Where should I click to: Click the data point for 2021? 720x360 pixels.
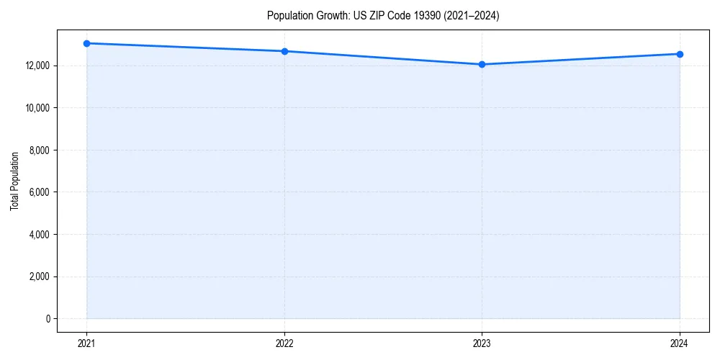pyautogui.click(x=86, y=43)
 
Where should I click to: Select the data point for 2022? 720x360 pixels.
pyautogui.click(x=284, y=51)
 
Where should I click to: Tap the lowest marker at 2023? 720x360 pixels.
pyautogui.click(x=482, y=64)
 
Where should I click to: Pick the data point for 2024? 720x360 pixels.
pyautogui.click(x=680, y=54)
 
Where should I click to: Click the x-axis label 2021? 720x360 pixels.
pyautogui.click(x=86, y=343)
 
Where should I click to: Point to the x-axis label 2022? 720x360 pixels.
pyautogui.click(x=284, y=343)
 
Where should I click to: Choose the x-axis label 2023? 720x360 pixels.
pyautogui.click(x=482, y=343)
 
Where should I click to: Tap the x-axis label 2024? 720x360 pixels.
pyautogui.click(x=680, y=343)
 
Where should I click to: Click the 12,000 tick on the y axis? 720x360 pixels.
pyautogui.click(x=37, y=66)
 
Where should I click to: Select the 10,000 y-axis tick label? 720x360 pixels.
pyautogui.click(x=37, y=108)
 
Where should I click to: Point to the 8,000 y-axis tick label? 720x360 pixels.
pyautogui.click(x=40, y=150)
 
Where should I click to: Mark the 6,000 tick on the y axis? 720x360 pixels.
pyautogui.click(x=40, y=192)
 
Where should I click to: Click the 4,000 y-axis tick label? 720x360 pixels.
pyautogui.click(x=40, y=234)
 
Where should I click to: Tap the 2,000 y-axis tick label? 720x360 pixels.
pyautogui.click(x=40, y=276)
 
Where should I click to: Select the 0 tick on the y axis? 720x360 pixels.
pyautogui.click(x=48, y=318)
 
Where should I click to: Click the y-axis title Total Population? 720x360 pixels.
pyautogui.click(x=14, y=181)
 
